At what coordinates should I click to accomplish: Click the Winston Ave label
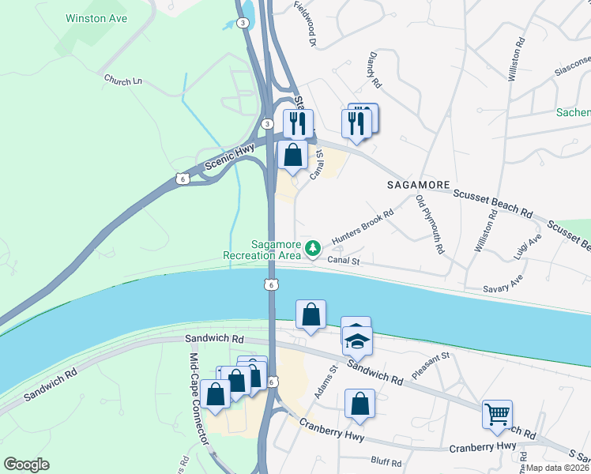(x=96, y=17)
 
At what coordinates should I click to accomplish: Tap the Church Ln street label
(x=122, y=80)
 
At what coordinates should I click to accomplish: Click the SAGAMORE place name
(x=418, y=184)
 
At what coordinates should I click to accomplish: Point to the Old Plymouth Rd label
(x=431, y=224)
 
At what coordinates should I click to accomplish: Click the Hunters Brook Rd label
(x=362, y=227)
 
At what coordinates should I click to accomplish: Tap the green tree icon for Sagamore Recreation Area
(x=314, y=249)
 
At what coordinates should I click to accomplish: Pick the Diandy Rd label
(x=375, y=70)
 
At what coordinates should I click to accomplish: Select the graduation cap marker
(x=357, y=341)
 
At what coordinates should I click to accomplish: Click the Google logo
(x=27, y=464)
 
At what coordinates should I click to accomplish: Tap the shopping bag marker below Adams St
(x=359, y=404)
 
